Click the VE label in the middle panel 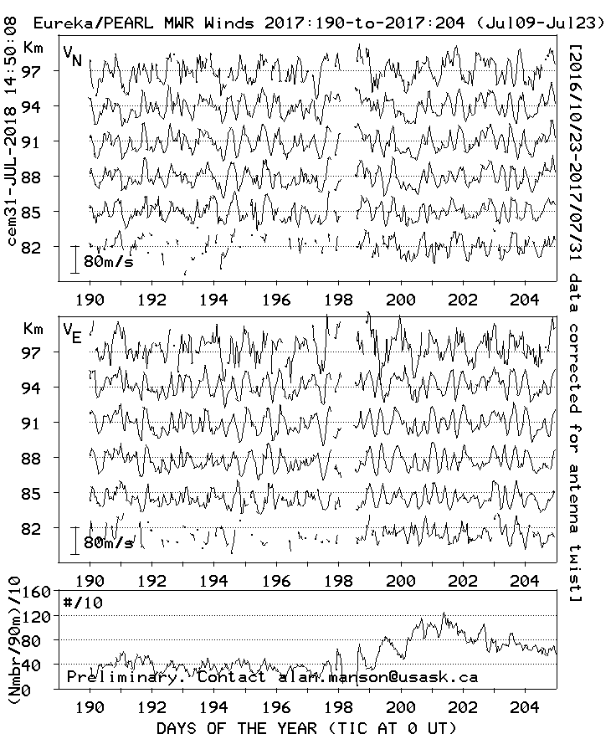(x=73, y=333)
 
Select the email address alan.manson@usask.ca (x=378, y=677)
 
